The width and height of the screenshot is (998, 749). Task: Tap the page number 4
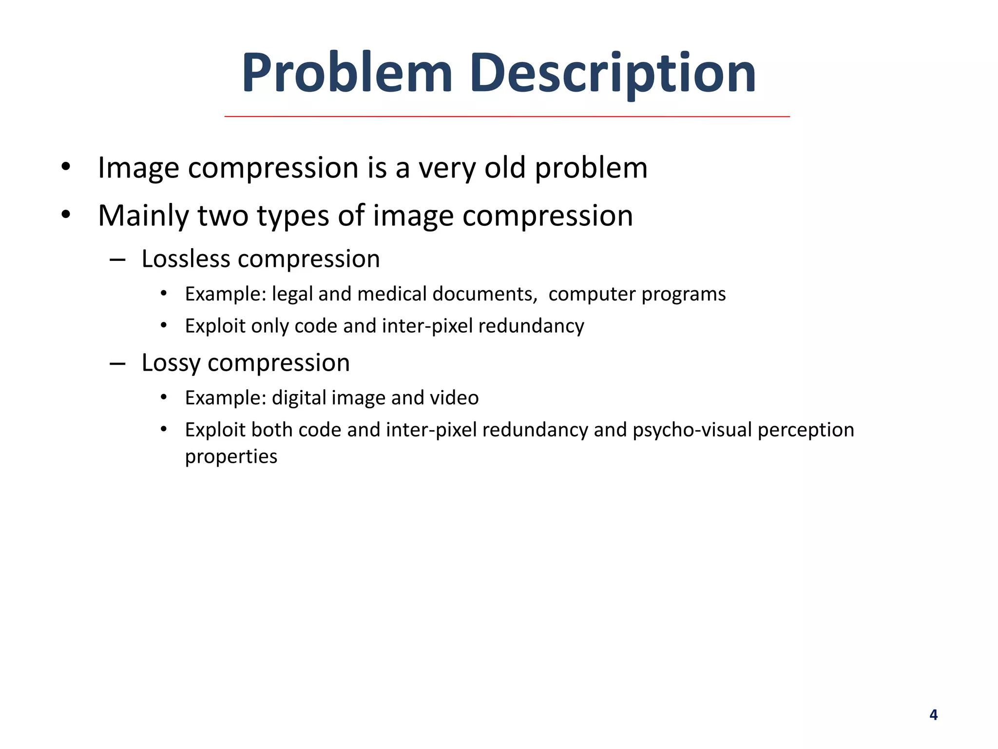[933, 715]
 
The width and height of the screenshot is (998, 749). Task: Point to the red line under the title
[507, 117]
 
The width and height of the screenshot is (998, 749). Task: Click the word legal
[292, 295]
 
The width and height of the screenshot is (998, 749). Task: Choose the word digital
[299, 398]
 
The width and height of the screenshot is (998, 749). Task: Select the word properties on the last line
[231, 457]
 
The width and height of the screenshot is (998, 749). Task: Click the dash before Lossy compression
[118, 363]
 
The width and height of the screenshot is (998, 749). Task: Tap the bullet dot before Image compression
[66, 167]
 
